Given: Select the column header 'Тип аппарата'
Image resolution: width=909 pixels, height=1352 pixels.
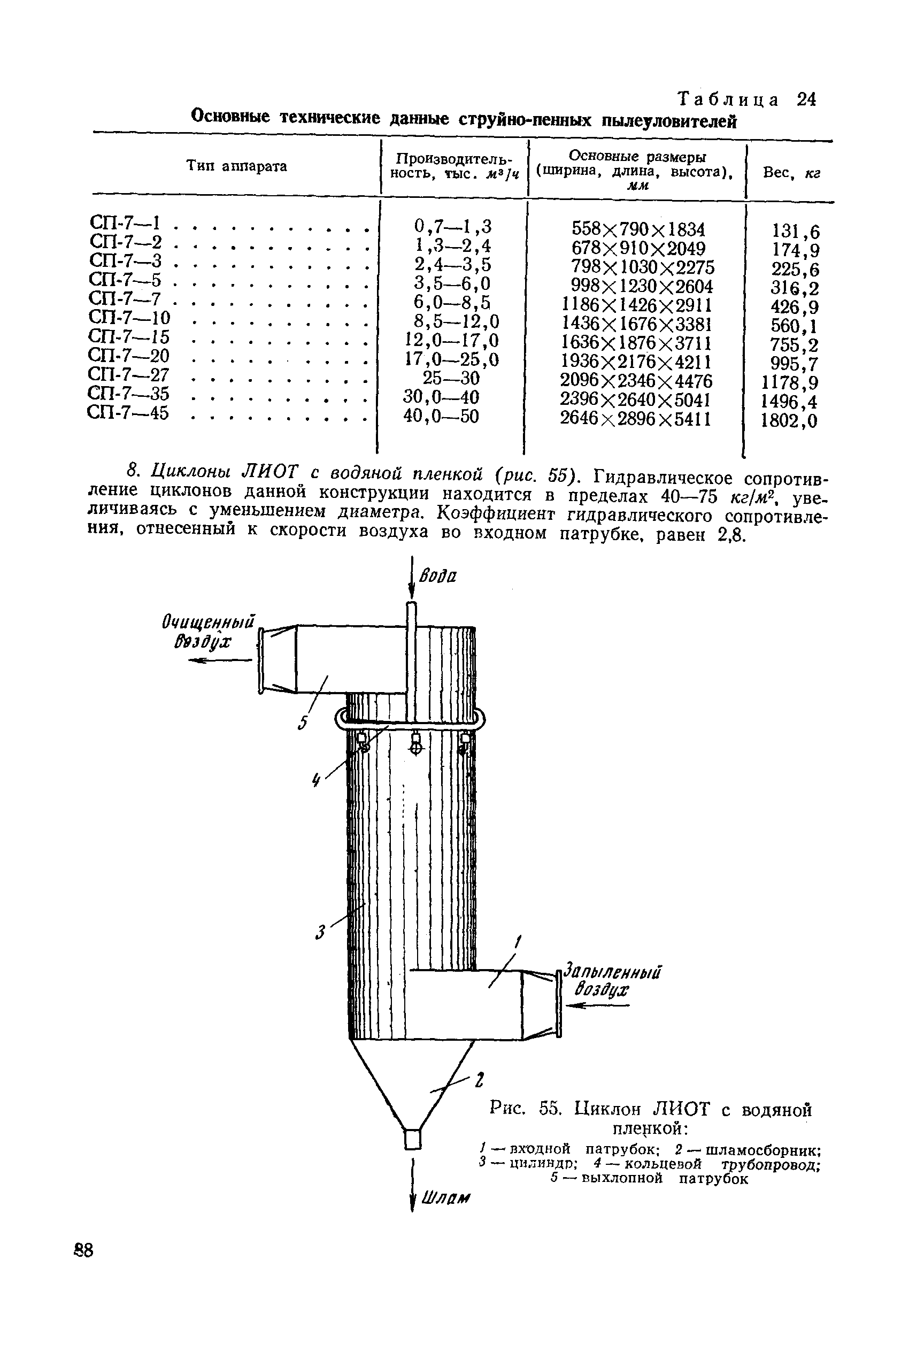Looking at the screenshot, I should [x=236, y=166].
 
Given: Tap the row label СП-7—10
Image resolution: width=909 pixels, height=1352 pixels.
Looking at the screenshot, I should [x=130, y=318].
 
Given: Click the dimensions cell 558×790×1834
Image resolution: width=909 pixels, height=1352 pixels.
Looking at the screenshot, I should [x=638, y=229].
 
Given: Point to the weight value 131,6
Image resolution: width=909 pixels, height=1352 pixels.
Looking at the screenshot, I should [x=796, y=232].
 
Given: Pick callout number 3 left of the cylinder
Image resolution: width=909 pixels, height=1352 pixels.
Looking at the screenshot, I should [x=320, y=933].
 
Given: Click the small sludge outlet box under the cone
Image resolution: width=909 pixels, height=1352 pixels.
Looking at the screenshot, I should [x=412, y=1138].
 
